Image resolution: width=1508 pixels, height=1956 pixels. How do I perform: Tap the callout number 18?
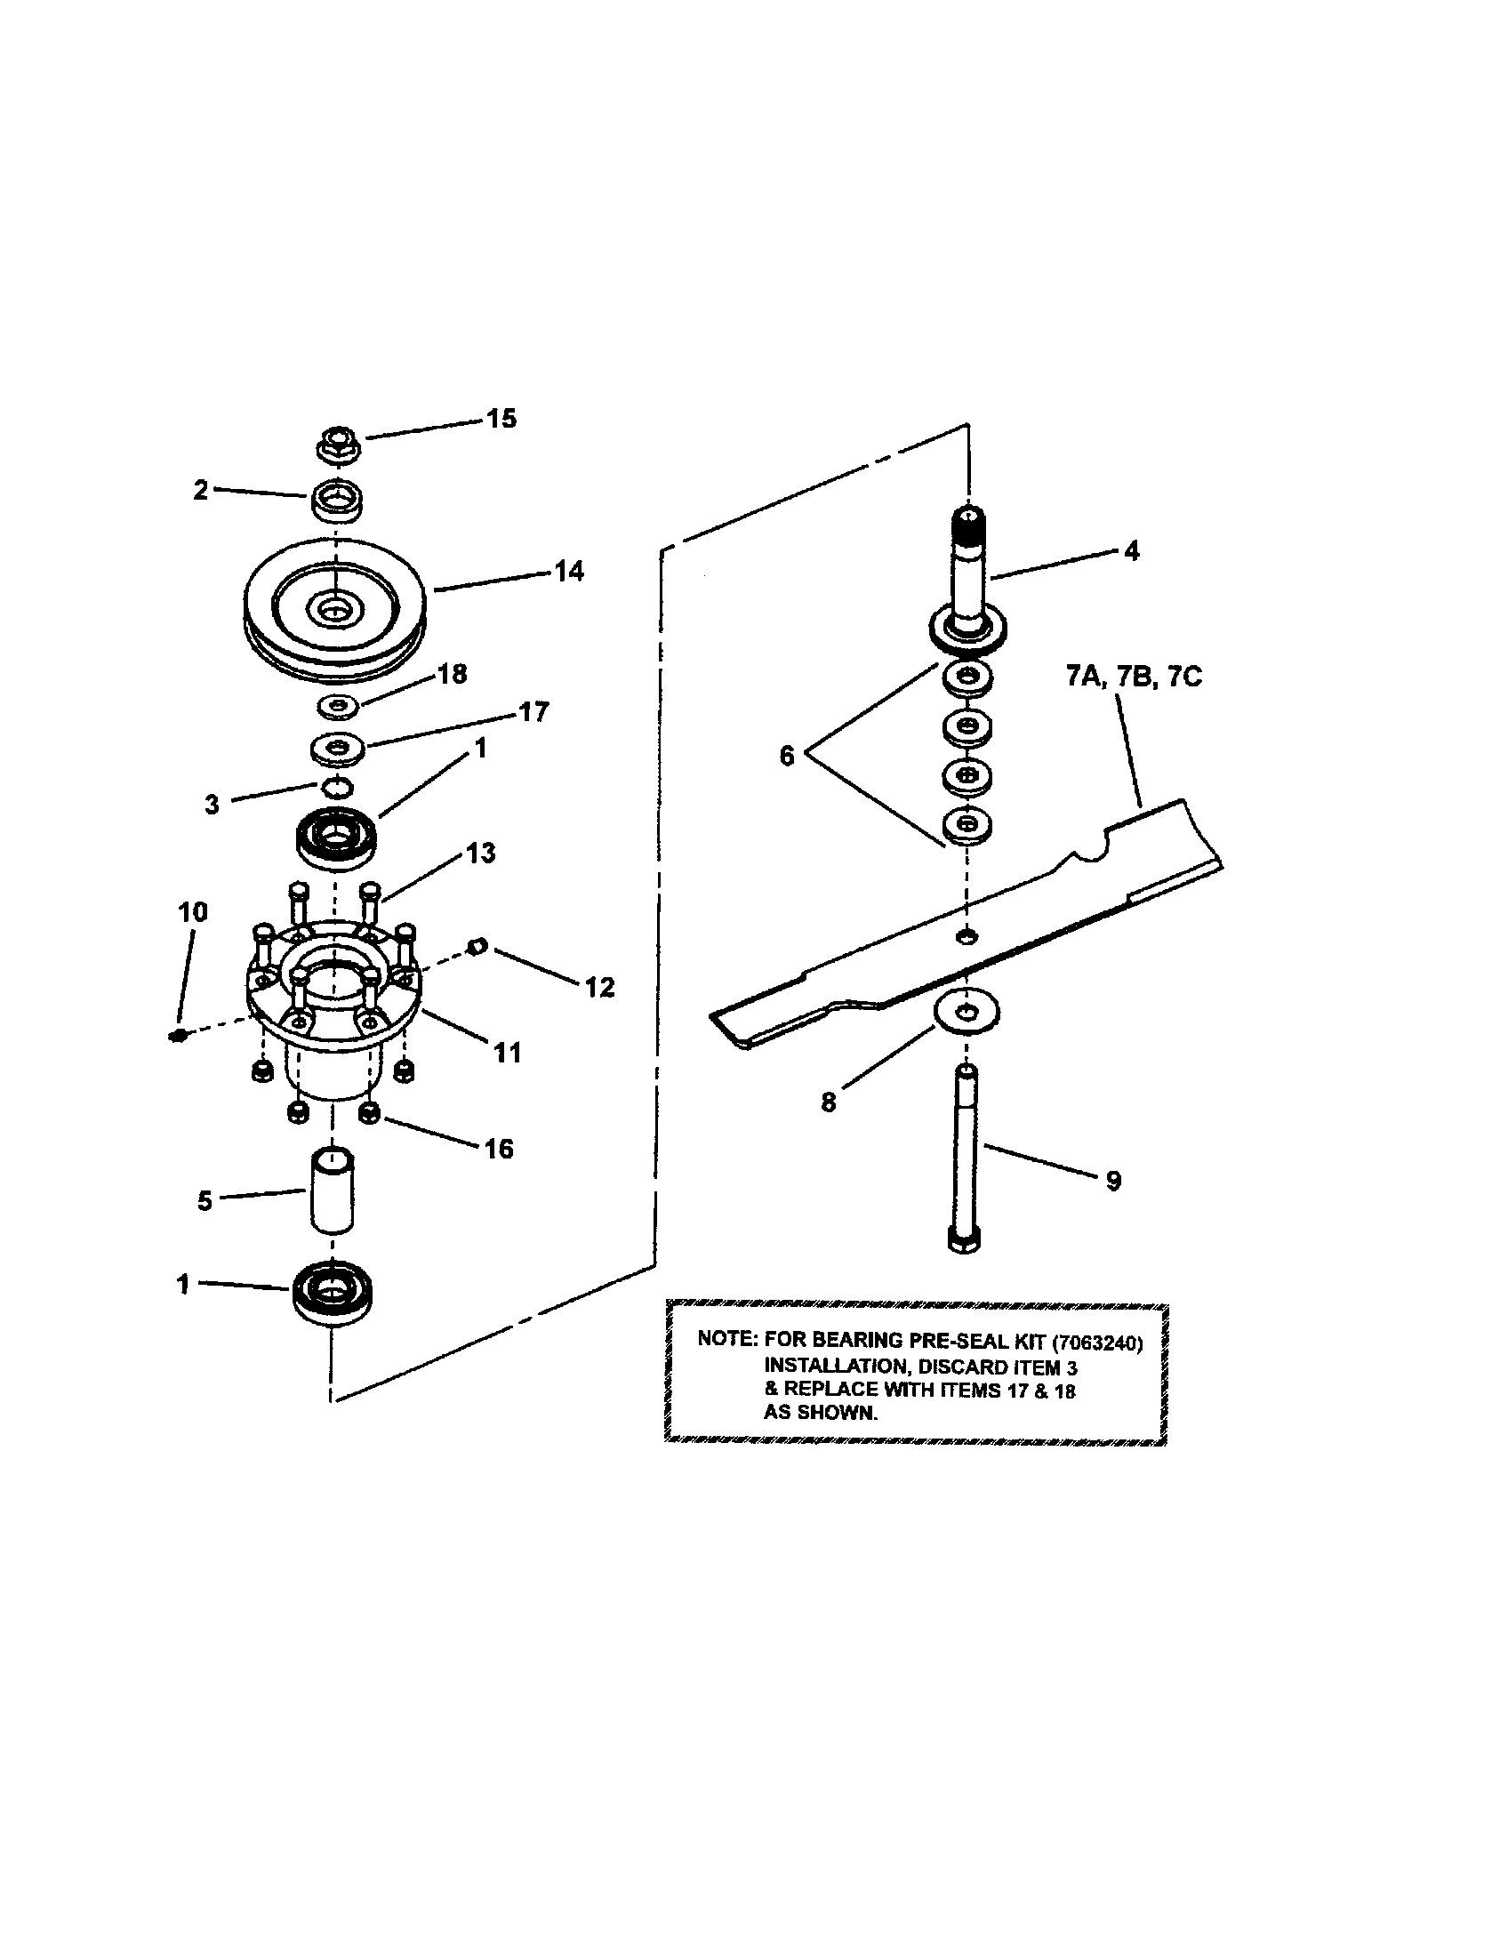[453, 674]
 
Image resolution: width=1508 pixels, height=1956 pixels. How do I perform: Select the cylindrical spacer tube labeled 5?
[333, 1190]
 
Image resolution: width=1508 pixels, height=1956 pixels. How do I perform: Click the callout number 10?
[193, 912]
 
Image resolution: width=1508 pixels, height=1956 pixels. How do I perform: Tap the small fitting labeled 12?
[478, 944]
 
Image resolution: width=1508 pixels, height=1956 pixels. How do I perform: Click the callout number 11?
[508, 1053]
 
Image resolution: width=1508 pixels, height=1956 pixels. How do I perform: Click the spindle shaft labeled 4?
[968, 573]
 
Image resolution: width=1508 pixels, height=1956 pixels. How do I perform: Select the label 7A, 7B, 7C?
[1134, 677]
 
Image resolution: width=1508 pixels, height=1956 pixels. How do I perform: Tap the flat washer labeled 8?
[967, 1013]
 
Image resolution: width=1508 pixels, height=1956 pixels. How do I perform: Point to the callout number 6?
[786, 756]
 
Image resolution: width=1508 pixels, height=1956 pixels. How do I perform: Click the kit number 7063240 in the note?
[1097, 1343]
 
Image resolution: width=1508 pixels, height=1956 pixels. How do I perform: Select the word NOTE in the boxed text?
[726, 1339]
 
